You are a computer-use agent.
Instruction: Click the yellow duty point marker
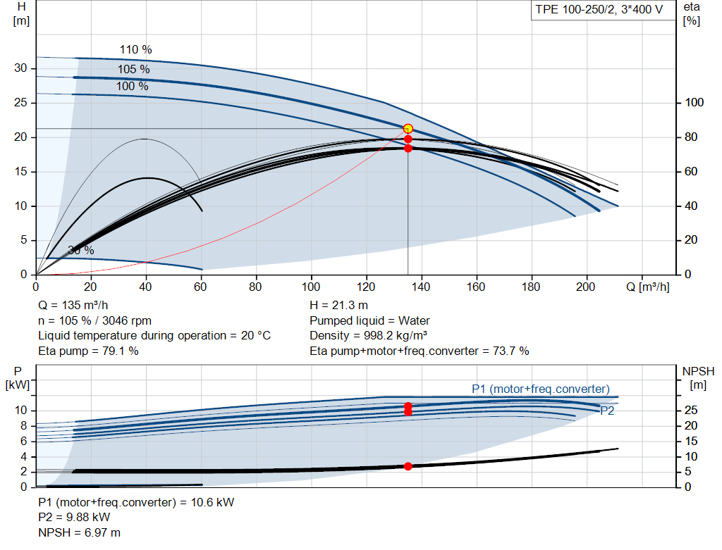tap(408, 129)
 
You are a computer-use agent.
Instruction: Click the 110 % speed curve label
tap(136, 50)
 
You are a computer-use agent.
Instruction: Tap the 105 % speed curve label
tap(133, 70)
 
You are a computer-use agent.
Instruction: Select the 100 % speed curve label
tap(132, 87)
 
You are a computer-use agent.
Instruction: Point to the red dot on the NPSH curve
tap(408, 466)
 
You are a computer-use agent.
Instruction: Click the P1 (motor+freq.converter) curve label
tap(541, 389)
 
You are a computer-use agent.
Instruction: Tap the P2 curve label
tap(607, 411)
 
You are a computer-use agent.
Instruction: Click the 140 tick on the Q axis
tap(421, 287)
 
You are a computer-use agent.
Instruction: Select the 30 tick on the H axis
tap(20, 68)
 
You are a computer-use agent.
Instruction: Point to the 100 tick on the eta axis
tap(694, 103)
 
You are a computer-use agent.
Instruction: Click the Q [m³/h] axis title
tap(648, 287)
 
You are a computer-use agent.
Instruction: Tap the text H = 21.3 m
tap(339, 306)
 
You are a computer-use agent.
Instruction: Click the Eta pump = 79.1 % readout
tap(88, 351)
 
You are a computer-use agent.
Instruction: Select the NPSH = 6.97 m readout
tap(79, 532)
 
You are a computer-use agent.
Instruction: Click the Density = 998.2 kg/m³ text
tap(368, 336)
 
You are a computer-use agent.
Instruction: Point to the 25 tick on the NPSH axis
tap(691, 410)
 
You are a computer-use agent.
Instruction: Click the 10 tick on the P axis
tap(20, 410)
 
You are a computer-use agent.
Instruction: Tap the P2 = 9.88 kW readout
tap(74, 518)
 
